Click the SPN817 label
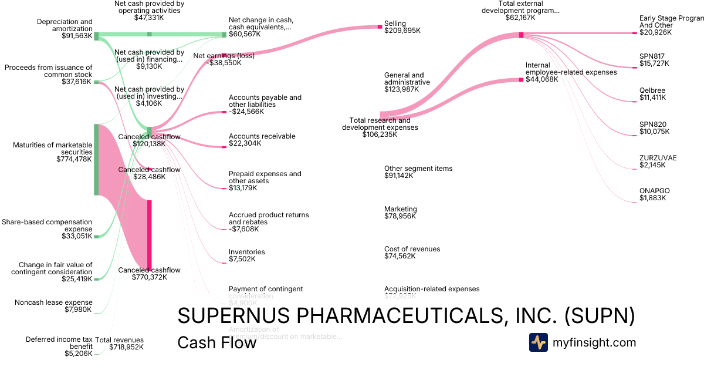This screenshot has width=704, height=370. pos(652,56)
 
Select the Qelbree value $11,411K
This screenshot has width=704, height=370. pos(652,97)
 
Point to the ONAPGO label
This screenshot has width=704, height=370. pos(654,191)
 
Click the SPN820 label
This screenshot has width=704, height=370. pos(652,124)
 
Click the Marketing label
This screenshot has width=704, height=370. pos(401,209)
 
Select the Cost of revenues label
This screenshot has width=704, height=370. pos(412,249)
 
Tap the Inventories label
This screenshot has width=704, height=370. pos(247,252)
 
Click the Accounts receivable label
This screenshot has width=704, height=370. pos(262,136)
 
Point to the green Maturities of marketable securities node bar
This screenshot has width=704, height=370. pos(97,159)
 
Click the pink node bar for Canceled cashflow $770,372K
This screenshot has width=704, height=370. pos(150,235)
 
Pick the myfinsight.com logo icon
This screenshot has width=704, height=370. pos(538,342)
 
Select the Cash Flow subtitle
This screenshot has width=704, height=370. pos(216,342)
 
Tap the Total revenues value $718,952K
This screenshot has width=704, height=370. pos(126,347)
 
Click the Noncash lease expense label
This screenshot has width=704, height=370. pos(53,302)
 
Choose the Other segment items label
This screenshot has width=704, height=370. pos(418,169)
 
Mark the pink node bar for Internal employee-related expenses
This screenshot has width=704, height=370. pos(520,79)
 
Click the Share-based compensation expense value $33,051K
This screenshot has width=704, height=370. pos(77,236)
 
